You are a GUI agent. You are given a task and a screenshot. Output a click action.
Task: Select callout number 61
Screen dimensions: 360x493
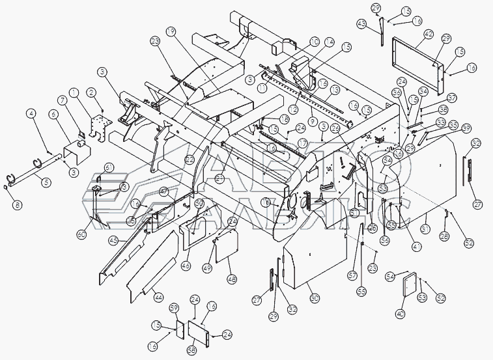(x=109, y=167)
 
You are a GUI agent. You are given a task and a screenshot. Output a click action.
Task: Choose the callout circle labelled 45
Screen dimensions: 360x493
(x=113, y=240)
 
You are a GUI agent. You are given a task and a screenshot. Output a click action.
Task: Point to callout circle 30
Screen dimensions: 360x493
(x=315, y=297)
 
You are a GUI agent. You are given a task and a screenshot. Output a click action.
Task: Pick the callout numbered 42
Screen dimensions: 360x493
(x=429, y=35)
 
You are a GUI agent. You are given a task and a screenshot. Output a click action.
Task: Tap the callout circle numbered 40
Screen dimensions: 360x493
(x=399, y=314)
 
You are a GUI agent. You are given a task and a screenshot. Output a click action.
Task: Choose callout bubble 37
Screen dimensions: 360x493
(x=451, y=98)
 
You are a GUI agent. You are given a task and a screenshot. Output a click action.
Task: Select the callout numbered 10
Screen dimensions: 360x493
(x=315, y=42)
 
